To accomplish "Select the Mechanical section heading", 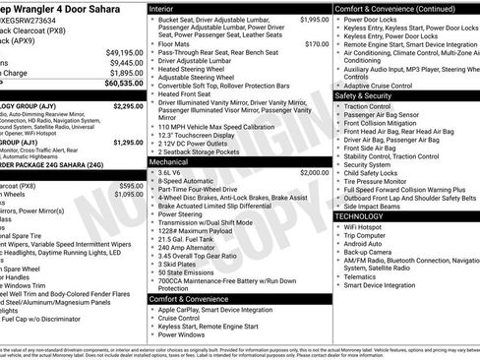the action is (x=169, y=161).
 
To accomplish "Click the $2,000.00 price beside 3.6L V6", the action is (x=315, y=171).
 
